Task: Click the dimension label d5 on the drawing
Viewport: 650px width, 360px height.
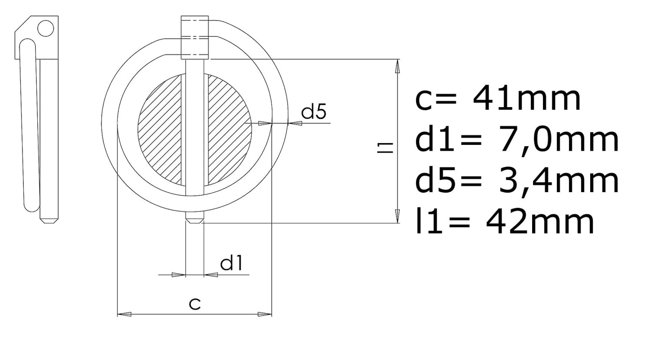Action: (x=314, y=112)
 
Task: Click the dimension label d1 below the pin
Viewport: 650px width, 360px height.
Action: (x=231, y=263)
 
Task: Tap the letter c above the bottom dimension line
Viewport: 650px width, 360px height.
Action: (x=195, y=304)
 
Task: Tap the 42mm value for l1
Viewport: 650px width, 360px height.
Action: (x=540, y=222)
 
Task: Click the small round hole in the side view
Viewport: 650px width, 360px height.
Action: (x=45, y=28)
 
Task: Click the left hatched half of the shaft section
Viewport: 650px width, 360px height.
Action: (x=160, y=130)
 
